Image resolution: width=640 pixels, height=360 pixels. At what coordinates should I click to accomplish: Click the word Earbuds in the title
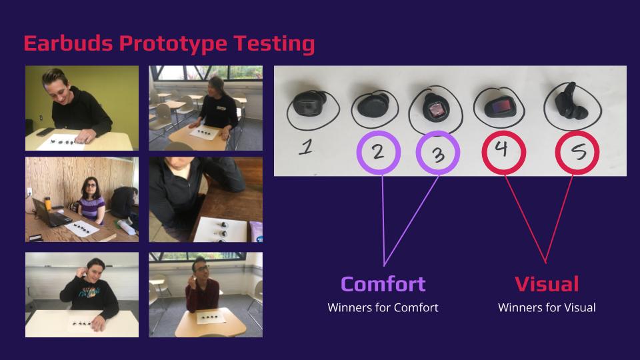click(68, 43)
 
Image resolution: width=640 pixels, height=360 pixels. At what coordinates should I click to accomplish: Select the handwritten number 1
click(306, 147)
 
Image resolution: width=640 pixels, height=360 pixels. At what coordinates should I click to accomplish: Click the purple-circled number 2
click(379, 153)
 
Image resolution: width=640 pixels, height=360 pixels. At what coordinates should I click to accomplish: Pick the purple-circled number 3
click(438, 153)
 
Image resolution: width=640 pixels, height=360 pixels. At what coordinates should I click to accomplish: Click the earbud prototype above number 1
click(309, 104)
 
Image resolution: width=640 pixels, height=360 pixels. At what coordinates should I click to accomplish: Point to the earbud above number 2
click(373, 106)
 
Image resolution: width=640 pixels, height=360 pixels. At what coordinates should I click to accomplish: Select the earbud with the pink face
click(435, 107)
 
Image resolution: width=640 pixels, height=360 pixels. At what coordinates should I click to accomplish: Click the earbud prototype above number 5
click(570, 102)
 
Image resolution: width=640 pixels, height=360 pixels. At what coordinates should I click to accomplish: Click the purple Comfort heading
click(383, 284)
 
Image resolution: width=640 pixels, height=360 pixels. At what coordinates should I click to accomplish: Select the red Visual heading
click(547, 284)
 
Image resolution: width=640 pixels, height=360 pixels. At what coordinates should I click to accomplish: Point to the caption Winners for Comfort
click(383, 307)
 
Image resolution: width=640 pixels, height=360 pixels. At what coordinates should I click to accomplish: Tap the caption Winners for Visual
click(547, 307)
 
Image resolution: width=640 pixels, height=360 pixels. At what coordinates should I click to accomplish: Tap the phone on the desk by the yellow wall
click(45, 132)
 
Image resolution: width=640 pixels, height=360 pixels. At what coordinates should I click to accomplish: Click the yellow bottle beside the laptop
click(48, 203)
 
